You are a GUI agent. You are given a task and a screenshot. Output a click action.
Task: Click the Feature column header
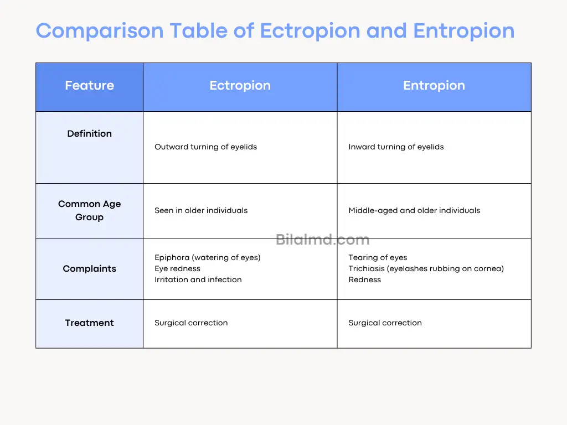point(89,86)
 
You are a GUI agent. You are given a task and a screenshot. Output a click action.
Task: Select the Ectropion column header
point(240,86)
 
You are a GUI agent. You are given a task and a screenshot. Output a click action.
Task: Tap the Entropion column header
point(434,86)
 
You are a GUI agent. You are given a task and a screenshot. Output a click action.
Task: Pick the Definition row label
point(89,133)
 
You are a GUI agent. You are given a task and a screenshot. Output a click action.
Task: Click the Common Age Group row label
point(89,210)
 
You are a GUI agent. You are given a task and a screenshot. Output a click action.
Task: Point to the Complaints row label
point(89,268)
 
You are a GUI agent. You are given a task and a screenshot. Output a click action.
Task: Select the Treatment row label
point(89,323)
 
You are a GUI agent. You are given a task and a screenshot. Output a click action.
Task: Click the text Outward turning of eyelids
point(205,147)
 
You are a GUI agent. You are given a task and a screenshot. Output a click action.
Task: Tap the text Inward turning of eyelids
point(396,147)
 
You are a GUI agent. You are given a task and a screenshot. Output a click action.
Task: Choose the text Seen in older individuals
point(201,210)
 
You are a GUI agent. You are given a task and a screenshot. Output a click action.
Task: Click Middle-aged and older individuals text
point(414,210)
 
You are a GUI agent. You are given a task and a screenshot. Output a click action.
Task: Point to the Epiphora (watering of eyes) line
point(207,257)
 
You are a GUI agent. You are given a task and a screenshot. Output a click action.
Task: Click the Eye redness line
point(177,268)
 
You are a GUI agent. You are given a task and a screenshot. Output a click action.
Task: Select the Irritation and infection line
point(198,279)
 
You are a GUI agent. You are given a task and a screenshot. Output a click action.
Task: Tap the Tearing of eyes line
point(378,257)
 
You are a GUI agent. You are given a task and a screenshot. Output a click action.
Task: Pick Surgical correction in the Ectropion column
point(191,323)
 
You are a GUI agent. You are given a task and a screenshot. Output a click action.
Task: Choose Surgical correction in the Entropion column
point(385,323)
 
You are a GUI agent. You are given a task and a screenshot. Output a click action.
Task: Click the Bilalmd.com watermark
point(322,240)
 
